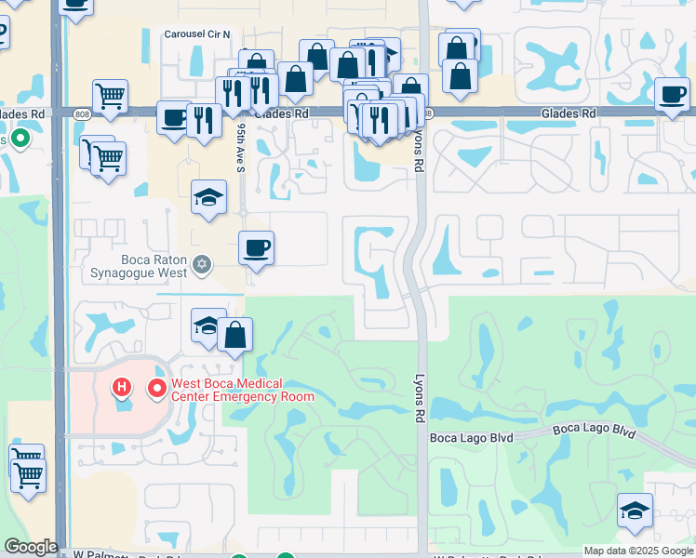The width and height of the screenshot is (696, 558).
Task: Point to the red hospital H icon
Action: (x=121, y=386)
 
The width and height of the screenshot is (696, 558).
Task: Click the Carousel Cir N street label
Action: (x=196, y=33)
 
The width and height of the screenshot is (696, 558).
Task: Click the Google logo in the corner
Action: (x=30, y=547)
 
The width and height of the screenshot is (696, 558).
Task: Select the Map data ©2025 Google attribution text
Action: (x=638, y=551)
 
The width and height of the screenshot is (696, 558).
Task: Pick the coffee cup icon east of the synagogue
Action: (x=256, y=248)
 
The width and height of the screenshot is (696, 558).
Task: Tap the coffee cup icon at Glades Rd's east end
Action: (x=672, y=93)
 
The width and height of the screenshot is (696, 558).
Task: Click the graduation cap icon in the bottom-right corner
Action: (x=635, y=510)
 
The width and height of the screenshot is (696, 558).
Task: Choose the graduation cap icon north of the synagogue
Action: (x=208, y=197)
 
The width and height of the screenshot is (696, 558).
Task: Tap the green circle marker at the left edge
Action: (x=20, y=139)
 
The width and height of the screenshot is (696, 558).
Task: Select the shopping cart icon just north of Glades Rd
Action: (x=110, y=96)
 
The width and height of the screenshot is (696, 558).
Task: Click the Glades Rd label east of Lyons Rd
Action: (x=569, y=113)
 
